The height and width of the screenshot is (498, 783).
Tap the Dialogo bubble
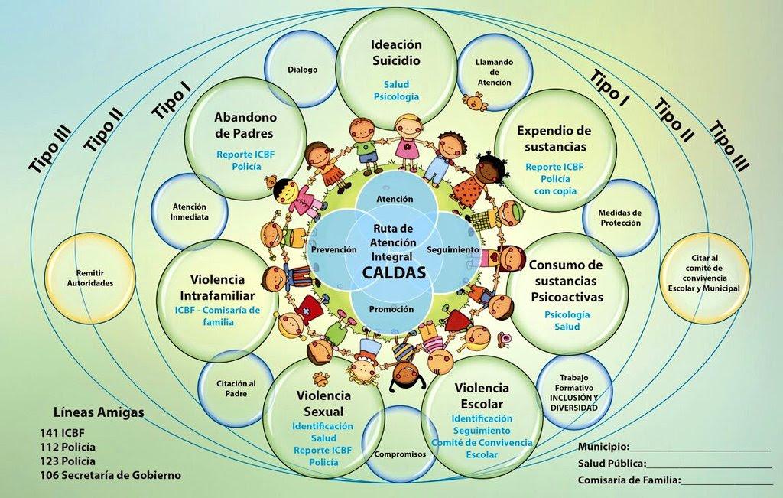(x=303, y=70)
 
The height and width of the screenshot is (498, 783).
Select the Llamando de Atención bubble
(x=494, y=72)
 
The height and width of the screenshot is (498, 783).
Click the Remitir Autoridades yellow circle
(x=90, y=277)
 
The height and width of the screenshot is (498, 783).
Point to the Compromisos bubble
(x=400, y=454)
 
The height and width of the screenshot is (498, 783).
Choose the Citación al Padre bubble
(x=236, y=389)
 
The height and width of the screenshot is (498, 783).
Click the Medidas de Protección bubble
(x=620, y=218)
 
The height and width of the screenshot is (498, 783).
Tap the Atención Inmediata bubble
(x=189, y=211)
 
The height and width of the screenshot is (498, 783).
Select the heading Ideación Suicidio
(x=396, y=52)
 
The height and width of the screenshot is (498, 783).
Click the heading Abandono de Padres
(x=245, y=125)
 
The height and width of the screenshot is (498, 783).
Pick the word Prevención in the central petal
(x=334, y=249)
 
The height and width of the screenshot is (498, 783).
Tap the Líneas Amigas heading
(x=99, y=412)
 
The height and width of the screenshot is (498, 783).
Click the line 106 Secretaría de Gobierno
(x=110, y=475)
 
